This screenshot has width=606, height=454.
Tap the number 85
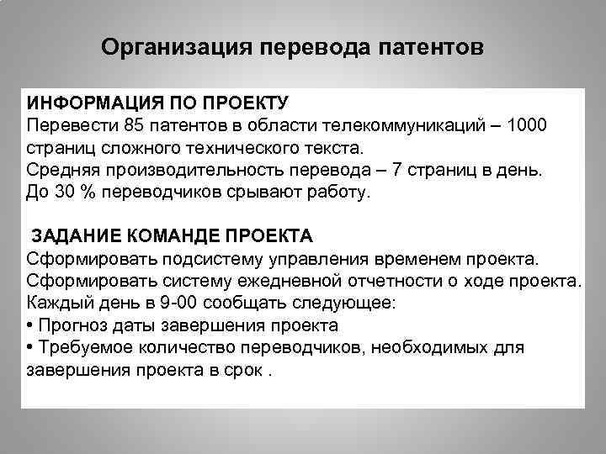[x=135, y=126]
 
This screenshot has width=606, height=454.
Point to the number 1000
[x=525, y=126]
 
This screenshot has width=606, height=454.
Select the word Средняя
[x=61, y=171]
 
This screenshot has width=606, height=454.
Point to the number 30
[x=63, y=193]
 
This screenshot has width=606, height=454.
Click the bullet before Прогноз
[x=30, y=325]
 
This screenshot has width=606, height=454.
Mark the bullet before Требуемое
[x=30, y=346]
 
